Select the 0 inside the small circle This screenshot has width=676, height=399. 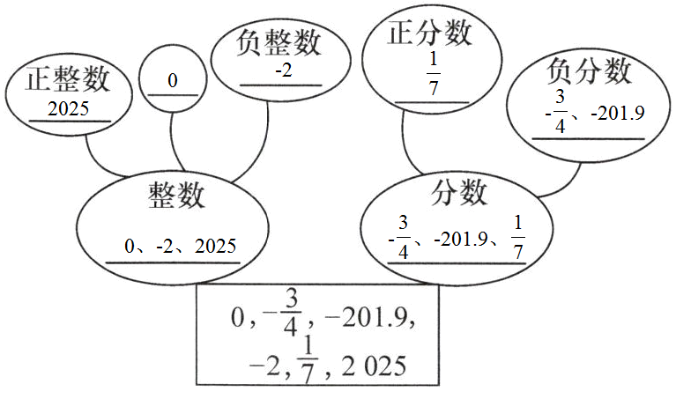click(172, 81)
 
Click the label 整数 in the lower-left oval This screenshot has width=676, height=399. click(177, 196)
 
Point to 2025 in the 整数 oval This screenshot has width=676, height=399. click(215, 246)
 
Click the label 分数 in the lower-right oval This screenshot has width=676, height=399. click(460, 191)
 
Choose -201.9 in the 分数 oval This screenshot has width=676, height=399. click(461, 239)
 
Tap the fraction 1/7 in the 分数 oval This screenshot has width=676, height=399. click(517, 237)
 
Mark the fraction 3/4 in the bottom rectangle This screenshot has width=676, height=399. click(293, 314)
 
